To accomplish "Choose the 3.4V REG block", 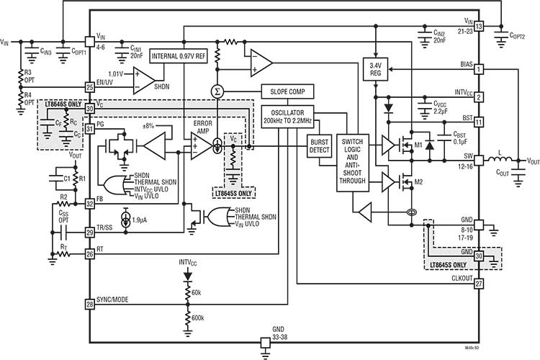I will (375, 67).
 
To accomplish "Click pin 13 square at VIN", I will (478, 27).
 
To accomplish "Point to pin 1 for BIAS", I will (478, 69).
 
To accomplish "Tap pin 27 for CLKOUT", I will (478, 284).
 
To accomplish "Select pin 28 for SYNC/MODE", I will (90, 305).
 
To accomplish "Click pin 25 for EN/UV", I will (90, 87).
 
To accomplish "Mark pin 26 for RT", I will (90, 253).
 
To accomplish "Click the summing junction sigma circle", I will (216, 91).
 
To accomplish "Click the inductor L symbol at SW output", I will (498, 161).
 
